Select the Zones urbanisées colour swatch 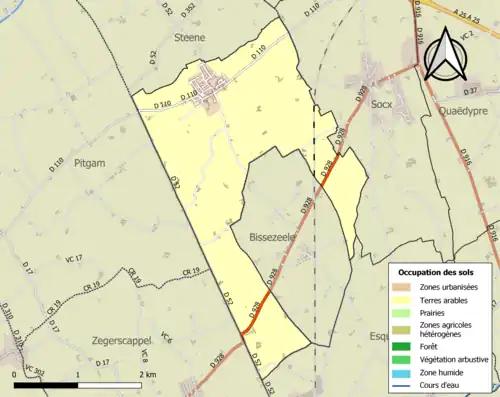(403, 288)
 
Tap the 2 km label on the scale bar (147, 373)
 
